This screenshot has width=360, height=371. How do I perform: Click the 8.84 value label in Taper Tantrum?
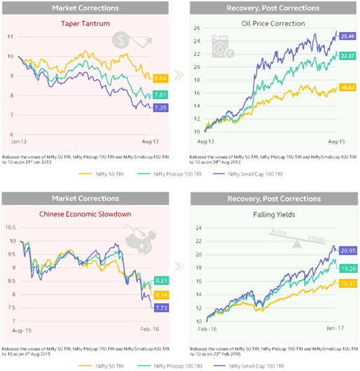coord(160,78)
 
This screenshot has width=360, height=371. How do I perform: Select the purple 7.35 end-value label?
coord(160,107)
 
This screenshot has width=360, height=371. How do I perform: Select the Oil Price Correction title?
coord(273,23)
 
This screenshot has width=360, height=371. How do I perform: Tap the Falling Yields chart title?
coord(273,215)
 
